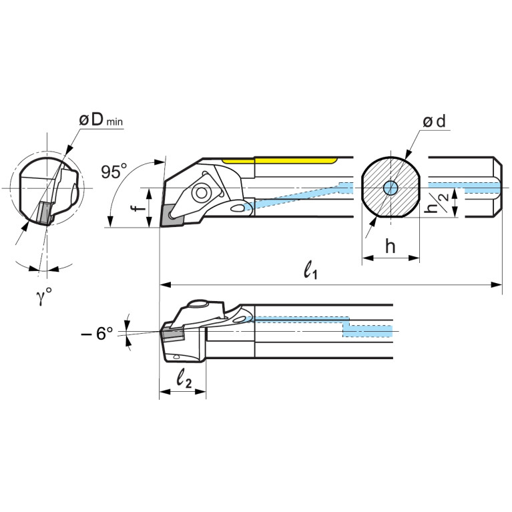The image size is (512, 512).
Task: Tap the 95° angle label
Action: coord(114,172)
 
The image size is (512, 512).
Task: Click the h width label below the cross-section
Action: coord(391,246)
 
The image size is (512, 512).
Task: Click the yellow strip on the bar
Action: coord(280,160)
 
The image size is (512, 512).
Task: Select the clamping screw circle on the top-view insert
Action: coord(199,194)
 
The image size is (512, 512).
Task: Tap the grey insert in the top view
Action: coord(169,215)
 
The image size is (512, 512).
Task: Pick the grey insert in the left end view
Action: coord(43,212)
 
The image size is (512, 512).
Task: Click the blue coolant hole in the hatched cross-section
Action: coord(391,188)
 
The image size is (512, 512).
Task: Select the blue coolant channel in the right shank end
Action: coord(467,186)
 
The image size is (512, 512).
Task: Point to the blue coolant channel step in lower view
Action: coord(347,325)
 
